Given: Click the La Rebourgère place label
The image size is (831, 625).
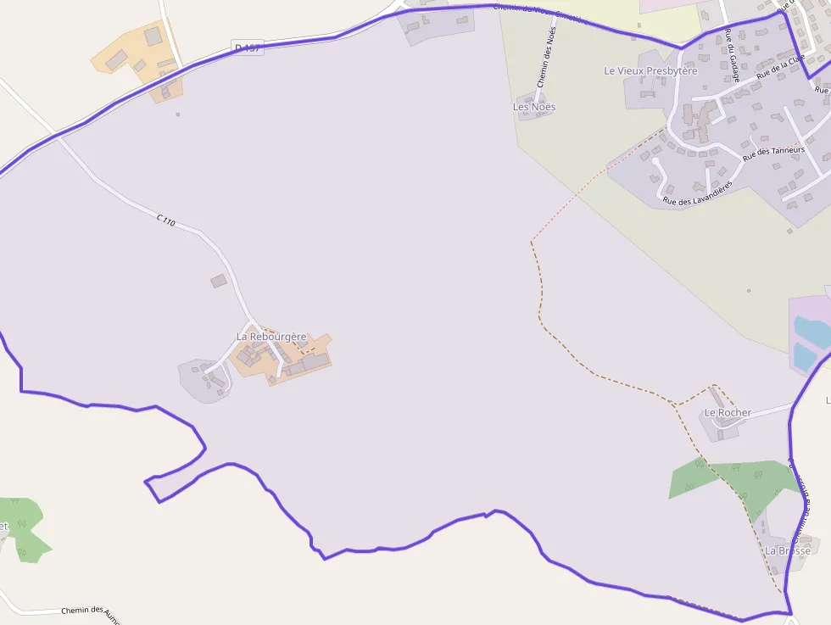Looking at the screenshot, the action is click(271, 337).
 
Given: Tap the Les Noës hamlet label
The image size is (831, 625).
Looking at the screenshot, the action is click(534, 107).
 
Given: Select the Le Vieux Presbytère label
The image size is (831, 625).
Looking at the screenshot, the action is click(650, 71).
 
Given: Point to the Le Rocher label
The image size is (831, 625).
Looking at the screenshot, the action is click(728, 413).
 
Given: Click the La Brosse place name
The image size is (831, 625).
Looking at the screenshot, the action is click(788, 550).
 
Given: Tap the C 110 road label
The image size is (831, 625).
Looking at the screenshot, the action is click(165, 221).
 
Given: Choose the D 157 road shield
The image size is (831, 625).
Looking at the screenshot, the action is click(247, 48).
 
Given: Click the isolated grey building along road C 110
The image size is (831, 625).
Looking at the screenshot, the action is click(219, 281).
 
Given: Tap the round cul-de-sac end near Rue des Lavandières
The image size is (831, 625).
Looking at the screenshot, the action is click(655, 161).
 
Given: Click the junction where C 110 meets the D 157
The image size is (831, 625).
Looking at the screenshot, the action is click(57, 134).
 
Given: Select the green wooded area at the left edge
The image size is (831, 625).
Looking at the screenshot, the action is click(21, 526).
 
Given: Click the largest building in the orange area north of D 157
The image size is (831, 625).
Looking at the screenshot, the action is click(153, 36).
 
